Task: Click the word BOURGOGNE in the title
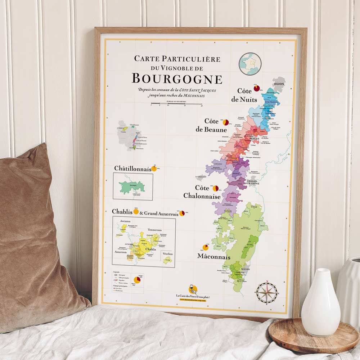tap(177, 78)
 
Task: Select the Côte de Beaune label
tap(211, 125)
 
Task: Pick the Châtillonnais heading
tap(132, 168)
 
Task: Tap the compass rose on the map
tap(266, 292)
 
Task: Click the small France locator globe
tap(250, 64)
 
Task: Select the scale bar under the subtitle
tap(176, 104)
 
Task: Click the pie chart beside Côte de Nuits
tap(257, 88)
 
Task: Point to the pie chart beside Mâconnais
tap(206, 247)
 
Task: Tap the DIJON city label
tap(279, 84)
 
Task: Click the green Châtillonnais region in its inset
tap(132, 187)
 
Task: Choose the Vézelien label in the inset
tap(168, 254)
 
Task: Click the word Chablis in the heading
tap(122, 212)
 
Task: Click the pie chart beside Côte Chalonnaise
tap(216, 188)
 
